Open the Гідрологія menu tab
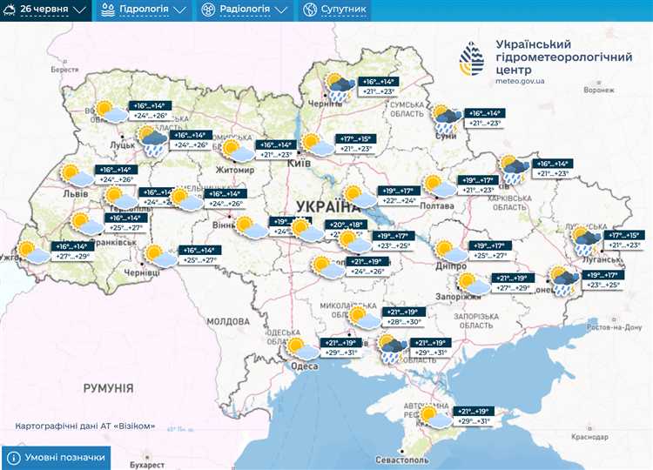145,10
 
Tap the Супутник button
335,10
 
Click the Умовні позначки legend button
57,457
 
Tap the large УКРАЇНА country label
327,206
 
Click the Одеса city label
304,366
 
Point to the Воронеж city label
604,90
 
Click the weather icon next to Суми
448,118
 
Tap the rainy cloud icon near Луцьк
154,140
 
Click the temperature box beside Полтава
481,185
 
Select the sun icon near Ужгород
33,252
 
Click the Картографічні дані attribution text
85,426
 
